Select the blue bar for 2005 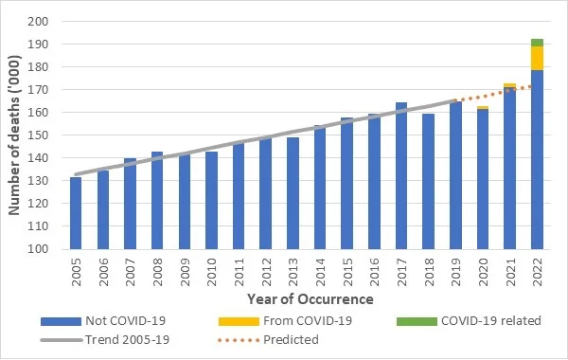coord(76,213)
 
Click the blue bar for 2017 coord(401,175)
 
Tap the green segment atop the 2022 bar coord(537,43)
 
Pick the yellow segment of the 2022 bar coord(537,59)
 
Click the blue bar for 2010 coord(211,200)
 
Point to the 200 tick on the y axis coord(38,22)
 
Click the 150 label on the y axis coord(38,135)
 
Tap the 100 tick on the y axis coord(38,249)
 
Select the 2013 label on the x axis coord(293,272)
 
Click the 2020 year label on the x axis coord(483,272)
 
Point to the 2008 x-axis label coord(157,272)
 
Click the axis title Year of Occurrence coord(311,299)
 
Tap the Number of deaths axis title coord(14,135)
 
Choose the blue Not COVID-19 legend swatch coord(61,321)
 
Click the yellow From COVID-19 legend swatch coord(239,321)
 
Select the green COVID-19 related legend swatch coord(417,321)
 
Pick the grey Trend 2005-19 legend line coord(62,340)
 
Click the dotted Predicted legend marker coord(239,340)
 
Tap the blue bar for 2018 coord(428,181)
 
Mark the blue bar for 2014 coord(320,187)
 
